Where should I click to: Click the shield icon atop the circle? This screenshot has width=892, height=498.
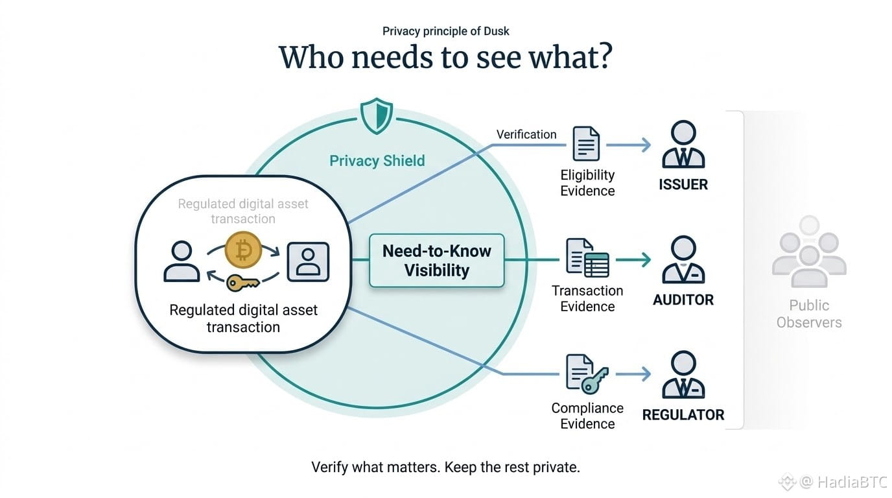pyautogui.click(x=376, y=115)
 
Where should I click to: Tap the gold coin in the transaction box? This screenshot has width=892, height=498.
pyautogui.click(x=243, y=250)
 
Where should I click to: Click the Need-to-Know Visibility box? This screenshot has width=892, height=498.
pyautogui.click(x=437, y=261)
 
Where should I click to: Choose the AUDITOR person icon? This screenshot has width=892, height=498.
pyautogui.click(x=683, y=260)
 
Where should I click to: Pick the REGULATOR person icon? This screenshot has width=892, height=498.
pyautogui.click(x=683, y=375)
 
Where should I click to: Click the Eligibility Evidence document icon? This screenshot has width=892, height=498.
pyautogui.click(x=586, y=144)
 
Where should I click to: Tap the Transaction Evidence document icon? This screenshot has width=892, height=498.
pyautogui.click(x=587, y=258)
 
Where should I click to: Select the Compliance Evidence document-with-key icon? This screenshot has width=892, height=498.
pyautogui.click(x=587, y=374)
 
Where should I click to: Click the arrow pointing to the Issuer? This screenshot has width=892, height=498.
pyautogui.click(x=628, y=145)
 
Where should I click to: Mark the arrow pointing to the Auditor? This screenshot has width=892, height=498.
pyautogui.click(x=633, y=260)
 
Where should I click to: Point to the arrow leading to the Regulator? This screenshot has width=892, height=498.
pyautogui.click(x=633, y=374)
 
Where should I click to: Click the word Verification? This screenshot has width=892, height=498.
pyautogui.click(x=526, y=135)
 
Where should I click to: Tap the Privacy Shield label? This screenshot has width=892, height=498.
pyautogui.click(x=377, y=161)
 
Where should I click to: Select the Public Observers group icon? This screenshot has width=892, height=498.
pyautogui.click(x=809, y=252)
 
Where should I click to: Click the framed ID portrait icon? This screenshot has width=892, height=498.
pyautogui.click(x=308, y=262)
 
